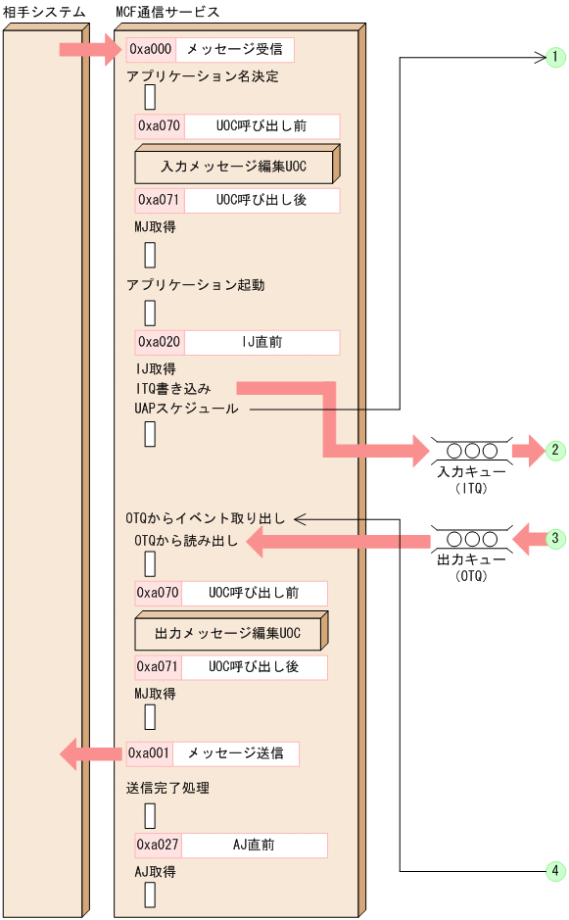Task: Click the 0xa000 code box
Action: (x=151, y=50)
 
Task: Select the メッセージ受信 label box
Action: (x=234, y=50)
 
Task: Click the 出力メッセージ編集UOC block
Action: (x=228, y=634)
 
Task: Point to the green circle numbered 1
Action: (x=554, y=58)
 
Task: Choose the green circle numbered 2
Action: (x=554, y=451)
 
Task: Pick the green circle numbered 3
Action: (x=554, y=538)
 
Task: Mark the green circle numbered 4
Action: (x=554, y=870)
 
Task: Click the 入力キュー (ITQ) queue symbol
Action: (x=471, y=452)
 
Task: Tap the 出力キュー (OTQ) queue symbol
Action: (x=471, y=539)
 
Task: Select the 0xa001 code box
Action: (x=150, y=753)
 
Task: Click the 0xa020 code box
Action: (x=159, y=342)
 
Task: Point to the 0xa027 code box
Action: (x=159, y=846)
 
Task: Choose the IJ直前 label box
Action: (x=261, y=342)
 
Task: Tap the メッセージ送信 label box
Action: (x=235, y=753)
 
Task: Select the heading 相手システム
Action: (x=44, y=11)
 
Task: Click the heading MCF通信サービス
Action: (x=167, y=11)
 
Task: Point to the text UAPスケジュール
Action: (x=187, y=409)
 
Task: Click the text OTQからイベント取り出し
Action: (x=205, y=518)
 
